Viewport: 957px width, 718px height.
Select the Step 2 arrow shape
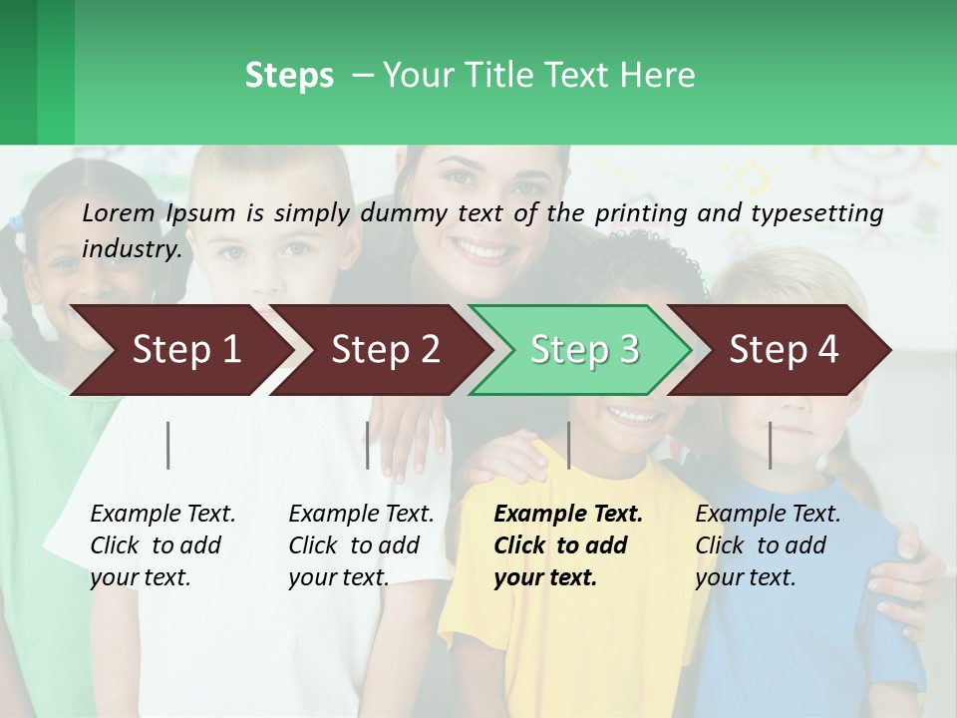tap(384, 350)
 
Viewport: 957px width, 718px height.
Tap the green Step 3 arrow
tap(583, 350)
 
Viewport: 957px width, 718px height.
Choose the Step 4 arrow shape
tap(784, 350)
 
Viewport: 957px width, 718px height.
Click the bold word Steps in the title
tap(289, 76)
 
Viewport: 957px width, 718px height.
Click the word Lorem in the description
tap(119, 212)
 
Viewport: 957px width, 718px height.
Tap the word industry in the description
tap(132, 248)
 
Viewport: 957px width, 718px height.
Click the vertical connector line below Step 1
tap(168, 445)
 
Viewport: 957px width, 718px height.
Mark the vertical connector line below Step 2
tap(368, 445)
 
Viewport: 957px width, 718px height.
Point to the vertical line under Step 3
tap(568, 445)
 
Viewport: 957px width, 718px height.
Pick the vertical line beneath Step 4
tap(770, 445)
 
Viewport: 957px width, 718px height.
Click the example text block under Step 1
tap(162, 545)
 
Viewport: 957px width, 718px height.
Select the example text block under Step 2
tap(361, 545)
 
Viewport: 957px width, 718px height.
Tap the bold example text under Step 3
tap(568, 545)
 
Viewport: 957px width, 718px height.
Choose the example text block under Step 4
tap(768, 545)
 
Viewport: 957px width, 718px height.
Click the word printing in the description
tap(642, 212)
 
